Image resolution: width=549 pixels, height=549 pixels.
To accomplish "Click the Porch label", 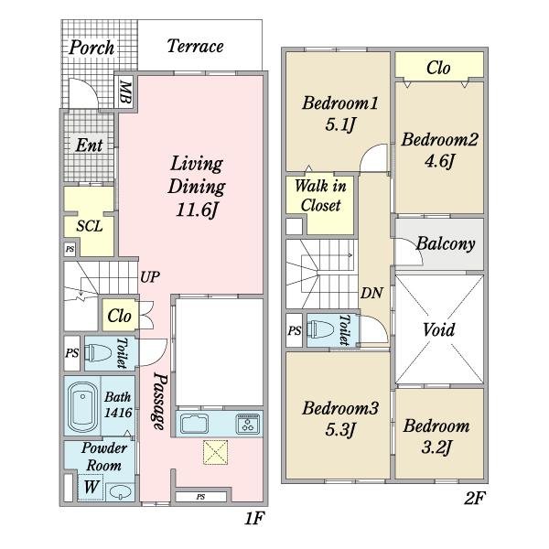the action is [91, 48].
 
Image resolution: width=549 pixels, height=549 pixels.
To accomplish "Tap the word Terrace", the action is [196, 46].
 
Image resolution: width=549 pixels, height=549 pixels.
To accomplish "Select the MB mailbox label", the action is [125, 92].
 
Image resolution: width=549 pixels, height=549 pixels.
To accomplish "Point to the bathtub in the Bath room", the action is [82, 407].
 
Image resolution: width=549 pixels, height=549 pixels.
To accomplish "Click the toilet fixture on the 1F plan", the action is [99, 353].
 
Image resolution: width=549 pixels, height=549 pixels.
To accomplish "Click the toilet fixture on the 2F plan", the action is [320, 329].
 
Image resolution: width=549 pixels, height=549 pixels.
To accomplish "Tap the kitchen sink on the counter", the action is [194, 424].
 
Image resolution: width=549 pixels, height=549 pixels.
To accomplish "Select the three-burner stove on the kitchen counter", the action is [248, 424].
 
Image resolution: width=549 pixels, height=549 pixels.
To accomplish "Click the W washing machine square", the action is [91, 487].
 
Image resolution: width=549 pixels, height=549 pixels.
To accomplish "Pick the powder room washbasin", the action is [120, 492].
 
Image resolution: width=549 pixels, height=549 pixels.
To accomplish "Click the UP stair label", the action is [150, 277].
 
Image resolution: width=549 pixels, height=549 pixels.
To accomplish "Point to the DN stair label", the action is [371, 293].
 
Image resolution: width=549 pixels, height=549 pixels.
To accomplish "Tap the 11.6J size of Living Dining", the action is [197, 210].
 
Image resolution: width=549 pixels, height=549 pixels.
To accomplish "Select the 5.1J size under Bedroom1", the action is [340, 124].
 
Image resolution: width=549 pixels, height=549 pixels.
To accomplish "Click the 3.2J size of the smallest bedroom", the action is [436, 447].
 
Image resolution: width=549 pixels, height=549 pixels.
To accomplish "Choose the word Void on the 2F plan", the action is [438, 329].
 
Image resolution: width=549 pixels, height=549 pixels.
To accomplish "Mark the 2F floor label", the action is [475, 498].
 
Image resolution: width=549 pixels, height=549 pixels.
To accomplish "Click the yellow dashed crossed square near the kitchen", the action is [215, 452].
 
